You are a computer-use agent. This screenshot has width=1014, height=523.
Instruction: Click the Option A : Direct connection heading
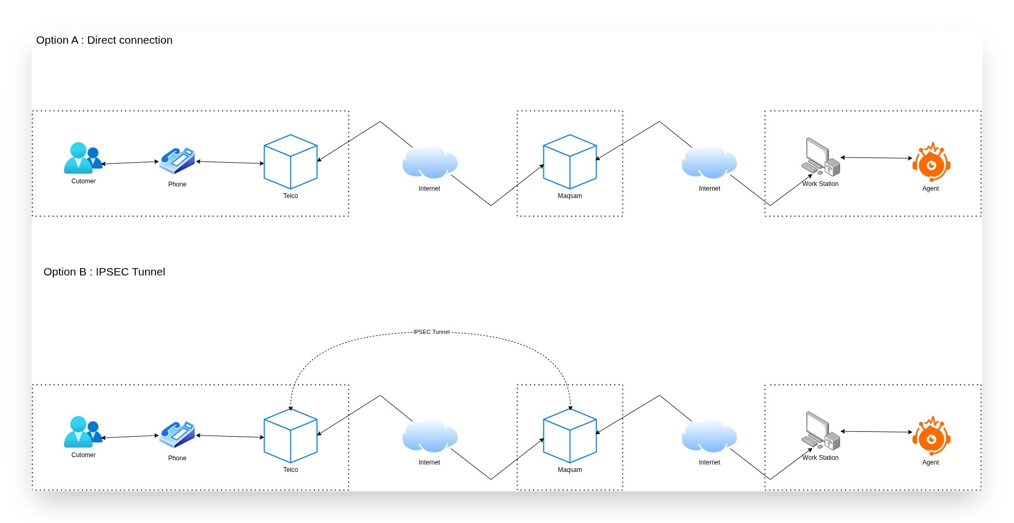pyautogui.click(x=104, y=40)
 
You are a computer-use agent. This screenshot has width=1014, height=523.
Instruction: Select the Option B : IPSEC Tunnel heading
pyautogui.click(x=104, y=272)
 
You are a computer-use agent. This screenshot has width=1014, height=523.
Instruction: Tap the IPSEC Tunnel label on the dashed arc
pyautogui.click(x=431, y=332)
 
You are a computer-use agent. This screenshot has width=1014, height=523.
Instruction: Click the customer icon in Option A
pyautogui.click(x=82, y=158)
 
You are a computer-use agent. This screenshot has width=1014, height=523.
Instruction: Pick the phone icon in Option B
pyautogui.click(x=177, y=435)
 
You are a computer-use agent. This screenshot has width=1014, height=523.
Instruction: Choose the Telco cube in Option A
pyautogui.click(x=290, y=162)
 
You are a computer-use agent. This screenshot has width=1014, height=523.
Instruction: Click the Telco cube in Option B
pyautogui.click(x=290, y=436)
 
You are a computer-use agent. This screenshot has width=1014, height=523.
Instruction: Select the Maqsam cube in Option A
pyautogui.click(x=570, y=162)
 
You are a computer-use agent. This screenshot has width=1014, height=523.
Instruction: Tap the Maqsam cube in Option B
pyautogui.click(x=570, y=436)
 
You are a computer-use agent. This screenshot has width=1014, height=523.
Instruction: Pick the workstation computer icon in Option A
pyautogui.click(x=820, y=157)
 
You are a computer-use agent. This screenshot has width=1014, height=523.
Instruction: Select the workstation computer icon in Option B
pyautogui.click(x=820, y=431)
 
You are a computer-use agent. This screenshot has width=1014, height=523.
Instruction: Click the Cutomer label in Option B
pyautogui.click(x=83, y=455)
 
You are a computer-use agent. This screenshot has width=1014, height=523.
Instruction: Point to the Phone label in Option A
pyautogui.click(x=177, y=184)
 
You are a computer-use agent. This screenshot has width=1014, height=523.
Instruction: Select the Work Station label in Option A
pyautogui.click(x=820, y=184)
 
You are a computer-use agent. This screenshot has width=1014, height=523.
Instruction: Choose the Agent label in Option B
pyautogui.click(x=930, y=462)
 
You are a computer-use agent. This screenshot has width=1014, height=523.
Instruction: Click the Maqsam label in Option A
pyautogui.click(x=570, y=196)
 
